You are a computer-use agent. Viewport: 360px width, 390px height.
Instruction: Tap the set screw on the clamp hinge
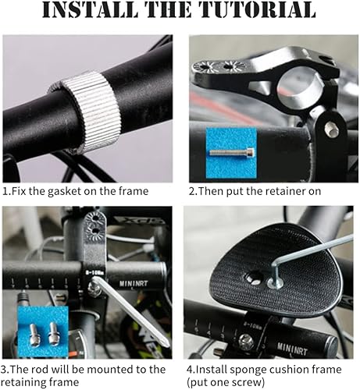(x=331, y=129)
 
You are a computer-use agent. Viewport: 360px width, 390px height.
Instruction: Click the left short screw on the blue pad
(x=34, y=335)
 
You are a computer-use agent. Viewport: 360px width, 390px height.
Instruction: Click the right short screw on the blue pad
(x=53, y=334)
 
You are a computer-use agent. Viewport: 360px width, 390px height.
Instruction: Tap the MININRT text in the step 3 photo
(x=134, y=283)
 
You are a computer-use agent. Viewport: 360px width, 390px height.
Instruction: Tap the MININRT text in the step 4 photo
(x=292, y=349)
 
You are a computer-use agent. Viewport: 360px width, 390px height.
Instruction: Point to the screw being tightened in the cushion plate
(x=276, y=283)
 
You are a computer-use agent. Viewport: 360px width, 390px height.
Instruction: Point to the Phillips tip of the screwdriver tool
(x=165, y=342)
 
